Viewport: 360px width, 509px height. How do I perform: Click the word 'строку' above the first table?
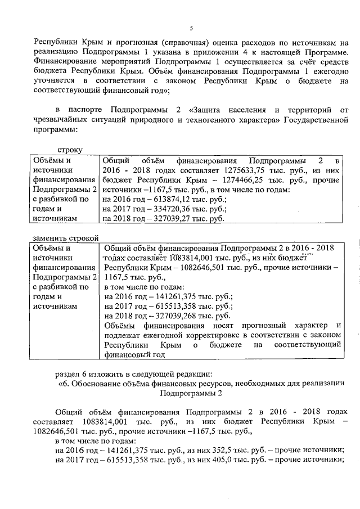70,151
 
